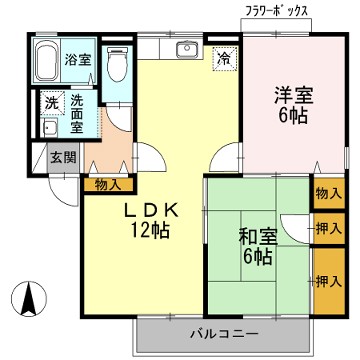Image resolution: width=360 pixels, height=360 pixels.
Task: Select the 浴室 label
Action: (x=78, y=59)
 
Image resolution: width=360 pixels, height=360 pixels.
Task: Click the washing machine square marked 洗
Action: (x=49, y=103)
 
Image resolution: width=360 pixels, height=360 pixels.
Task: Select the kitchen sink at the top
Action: (x=184, y=51)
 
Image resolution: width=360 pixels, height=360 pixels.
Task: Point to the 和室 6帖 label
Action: (x=255, y=248)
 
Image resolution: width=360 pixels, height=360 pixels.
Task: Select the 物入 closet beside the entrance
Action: (x=109, y=184)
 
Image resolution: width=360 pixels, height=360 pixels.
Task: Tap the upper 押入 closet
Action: (x=326, y=229)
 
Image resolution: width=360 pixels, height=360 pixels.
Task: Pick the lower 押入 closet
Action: (x=326, y=282)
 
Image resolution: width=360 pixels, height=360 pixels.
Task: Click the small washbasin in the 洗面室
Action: (x=48, y=130)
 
